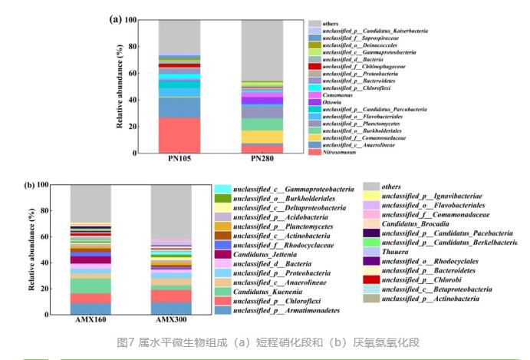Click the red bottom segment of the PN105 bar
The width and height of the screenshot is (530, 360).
click(179, 135)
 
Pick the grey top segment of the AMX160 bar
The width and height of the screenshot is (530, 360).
click(91, 203)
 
